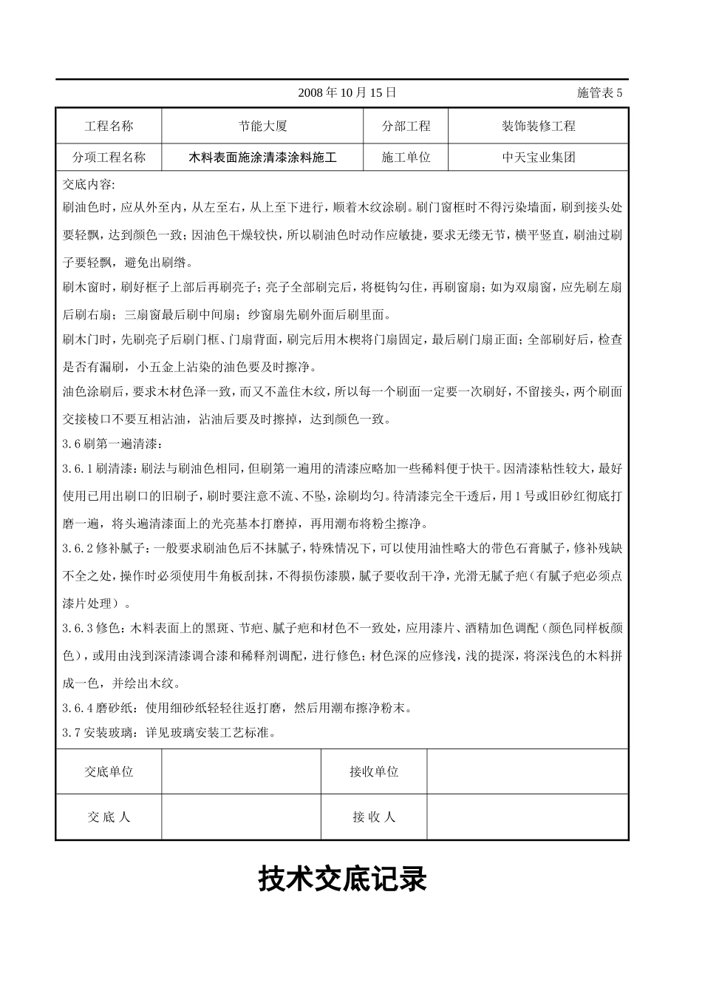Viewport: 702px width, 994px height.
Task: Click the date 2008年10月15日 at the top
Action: [347, 92]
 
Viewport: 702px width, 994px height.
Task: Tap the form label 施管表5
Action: [599, 92]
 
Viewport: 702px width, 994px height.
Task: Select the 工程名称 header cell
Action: [109, 126]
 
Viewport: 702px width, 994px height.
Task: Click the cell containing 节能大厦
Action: [262, 126]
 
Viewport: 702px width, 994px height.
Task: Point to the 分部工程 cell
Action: [406, 126]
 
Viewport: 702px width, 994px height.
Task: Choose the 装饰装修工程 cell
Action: [538, 126]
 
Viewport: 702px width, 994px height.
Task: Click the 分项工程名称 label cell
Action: [109, 158]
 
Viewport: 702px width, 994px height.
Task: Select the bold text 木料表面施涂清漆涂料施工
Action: [262, 158]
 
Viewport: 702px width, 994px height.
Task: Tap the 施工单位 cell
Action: [406, 158]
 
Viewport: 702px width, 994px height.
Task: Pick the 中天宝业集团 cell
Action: [538, 158]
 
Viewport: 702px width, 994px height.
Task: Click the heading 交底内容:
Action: [89, 184]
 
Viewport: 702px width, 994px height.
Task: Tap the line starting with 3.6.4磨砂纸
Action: [236, 709]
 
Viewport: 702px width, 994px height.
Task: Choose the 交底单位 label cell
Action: [109, 771]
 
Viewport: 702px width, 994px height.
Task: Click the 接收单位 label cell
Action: [374, 771]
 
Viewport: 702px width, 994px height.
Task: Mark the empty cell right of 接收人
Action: [528, 817]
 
